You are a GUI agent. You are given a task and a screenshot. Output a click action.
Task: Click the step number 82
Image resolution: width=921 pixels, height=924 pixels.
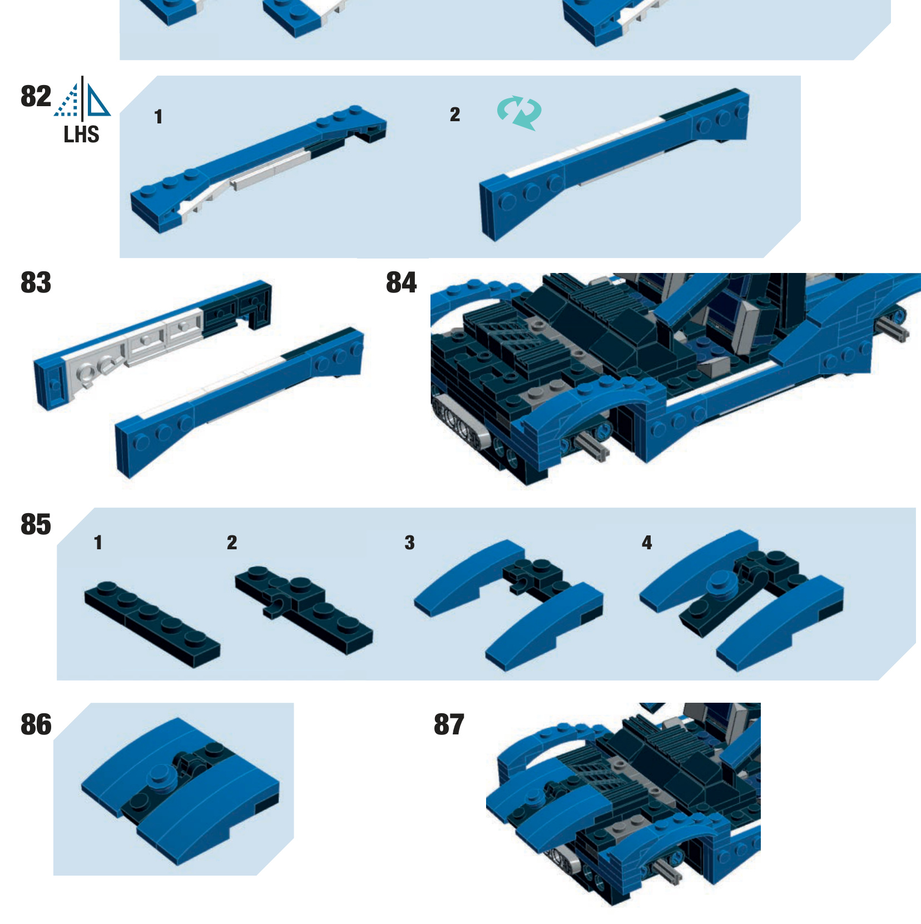[x=36, y=96]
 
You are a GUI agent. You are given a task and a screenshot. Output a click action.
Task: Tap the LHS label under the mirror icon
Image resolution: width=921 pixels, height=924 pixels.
[x=81, y=135]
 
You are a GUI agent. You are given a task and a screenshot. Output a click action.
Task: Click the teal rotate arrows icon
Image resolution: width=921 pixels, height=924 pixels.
[x=519, y=112]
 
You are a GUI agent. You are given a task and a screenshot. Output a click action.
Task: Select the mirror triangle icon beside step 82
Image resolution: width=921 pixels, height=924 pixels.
[x=82, y=100]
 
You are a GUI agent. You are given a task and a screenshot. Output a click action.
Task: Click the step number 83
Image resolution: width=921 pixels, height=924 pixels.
[x=36, y=282]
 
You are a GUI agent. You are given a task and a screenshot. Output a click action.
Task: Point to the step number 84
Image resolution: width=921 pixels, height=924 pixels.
[x=401, y=282]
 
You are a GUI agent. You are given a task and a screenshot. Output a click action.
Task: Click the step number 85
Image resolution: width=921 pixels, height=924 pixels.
[x=36, y=524]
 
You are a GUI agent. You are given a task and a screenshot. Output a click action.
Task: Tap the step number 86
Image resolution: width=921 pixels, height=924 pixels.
[x=36, y=724]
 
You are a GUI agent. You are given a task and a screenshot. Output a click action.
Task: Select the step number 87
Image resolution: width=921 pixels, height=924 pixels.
[x=449, y=724]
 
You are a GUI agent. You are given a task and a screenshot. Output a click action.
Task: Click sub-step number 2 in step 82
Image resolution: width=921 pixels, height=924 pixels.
[x=455, y=115]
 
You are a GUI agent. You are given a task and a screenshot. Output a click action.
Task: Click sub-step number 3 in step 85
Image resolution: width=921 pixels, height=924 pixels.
[x=410, y=543]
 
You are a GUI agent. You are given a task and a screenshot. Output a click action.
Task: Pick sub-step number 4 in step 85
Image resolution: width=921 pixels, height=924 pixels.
[x=647, y=543]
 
